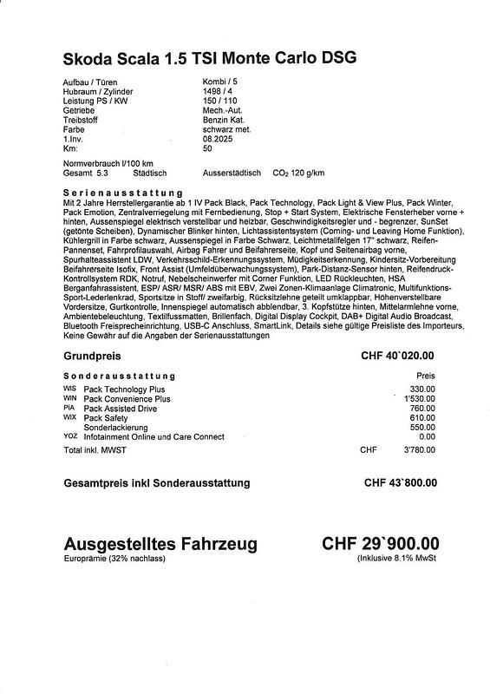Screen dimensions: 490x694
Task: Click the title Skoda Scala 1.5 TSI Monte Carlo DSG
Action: click(x=209, y=59)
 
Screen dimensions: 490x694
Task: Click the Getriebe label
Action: click(x=79, y=111)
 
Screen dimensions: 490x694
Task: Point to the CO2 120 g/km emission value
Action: click(x=300, y=173)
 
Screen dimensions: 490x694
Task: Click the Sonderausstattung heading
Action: click(x=120, y=376)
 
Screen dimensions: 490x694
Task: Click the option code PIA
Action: click(x=69, y=408)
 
